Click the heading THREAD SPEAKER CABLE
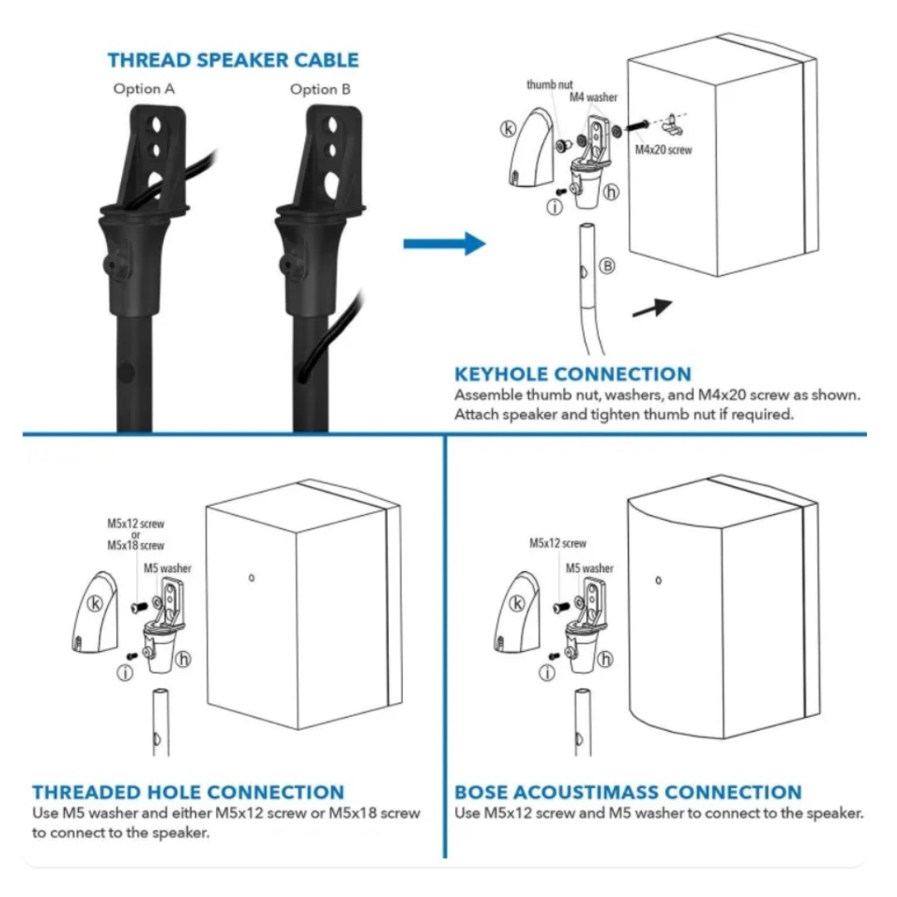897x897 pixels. pyautogui.click(x=233, y=61)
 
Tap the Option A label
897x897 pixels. pyautogui.click(x=145, y=89)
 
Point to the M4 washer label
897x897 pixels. pyautogui.click(x=593, y=97)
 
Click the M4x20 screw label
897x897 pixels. pyautogui.click(x=663, y=150)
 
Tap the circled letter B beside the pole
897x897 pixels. pyautogui.click(x=607, y=266)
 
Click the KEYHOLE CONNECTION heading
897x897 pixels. pyautogui.click(x=572, y=375)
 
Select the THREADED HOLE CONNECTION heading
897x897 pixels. pyautogui.click(x=188, y=792)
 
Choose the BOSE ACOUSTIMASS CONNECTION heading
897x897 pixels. pyautogui.click(x=628, y=792)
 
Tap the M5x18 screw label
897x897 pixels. pyautogui.click(x=135, y=546)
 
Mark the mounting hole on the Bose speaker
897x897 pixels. pyautogui.click(x=658, y=580)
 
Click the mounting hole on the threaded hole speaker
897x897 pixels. pyautogui.click(x=252, y=578)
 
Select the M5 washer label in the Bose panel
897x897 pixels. pyautogui.click(x=590, y=569)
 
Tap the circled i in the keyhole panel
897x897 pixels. pyautogui.click(x=555, y=207)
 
